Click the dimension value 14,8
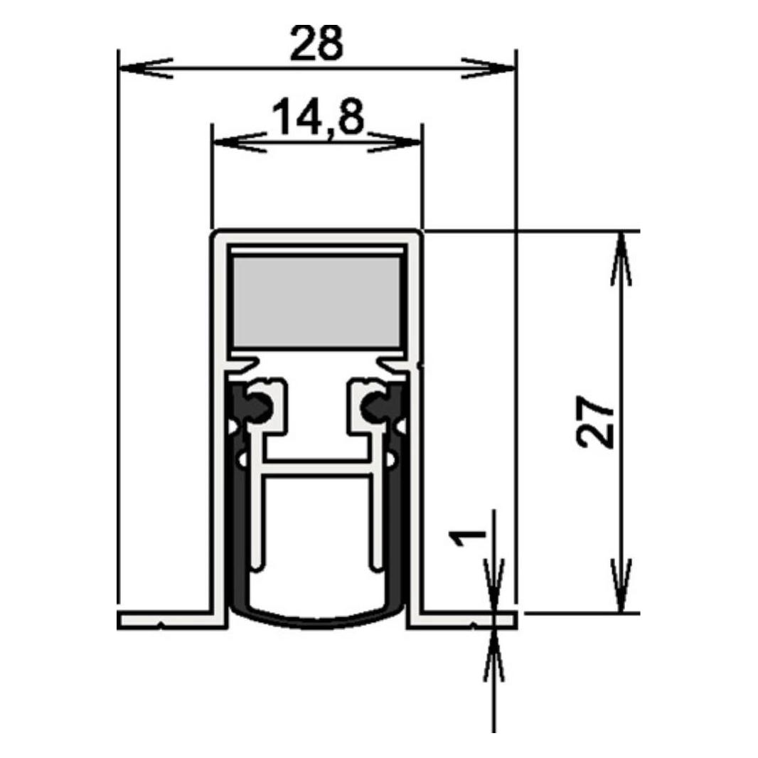(318, 117)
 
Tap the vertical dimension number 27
(595, 422)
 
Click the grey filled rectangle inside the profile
(317, 301)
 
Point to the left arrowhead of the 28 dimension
(145, 68)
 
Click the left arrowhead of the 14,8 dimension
(240, 142)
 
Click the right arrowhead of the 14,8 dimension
(395, 142)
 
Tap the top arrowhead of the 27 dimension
(621, 259)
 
